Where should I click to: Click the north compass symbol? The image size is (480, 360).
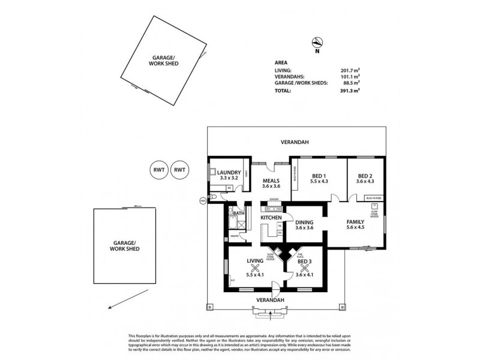coord(318,42)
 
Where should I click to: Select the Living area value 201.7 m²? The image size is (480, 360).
coord(350,70)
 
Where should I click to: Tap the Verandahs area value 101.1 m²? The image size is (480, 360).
coord(350,76)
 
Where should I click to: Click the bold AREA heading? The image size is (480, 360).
coord(280,62)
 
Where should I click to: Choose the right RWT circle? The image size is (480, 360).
coord(179,170)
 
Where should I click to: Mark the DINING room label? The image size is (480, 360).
coord(304,222)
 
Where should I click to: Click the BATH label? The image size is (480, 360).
coord(239,213)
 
